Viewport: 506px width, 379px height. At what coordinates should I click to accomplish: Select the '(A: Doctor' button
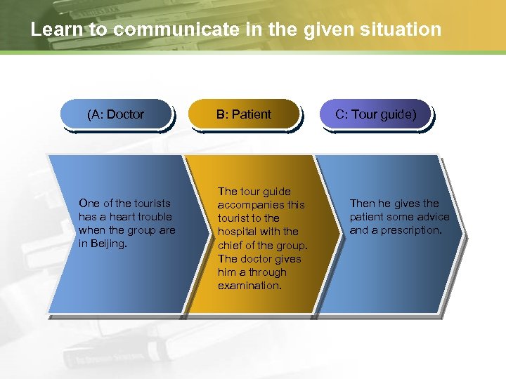tap(115, 114)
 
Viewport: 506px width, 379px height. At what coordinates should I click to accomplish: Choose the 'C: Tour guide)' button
tap(375, 114)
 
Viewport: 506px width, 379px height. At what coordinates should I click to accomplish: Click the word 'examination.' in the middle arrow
tap(249, 286)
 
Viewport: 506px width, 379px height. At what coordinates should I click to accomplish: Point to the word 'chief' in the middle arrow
tap(231, 245)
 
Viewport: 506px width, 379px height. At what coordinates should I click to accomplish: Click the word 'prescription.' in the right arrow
tap(411, 230)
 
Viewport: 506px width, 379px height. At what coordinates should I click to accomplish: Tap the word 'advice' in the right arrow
tap(432, 217)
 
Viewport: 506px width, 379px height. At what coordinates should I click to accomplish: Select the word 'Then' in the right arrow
tap(363, 204)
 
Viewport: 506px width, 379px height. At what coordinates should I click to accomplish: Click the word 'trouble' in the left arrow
tap(154, 217)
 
